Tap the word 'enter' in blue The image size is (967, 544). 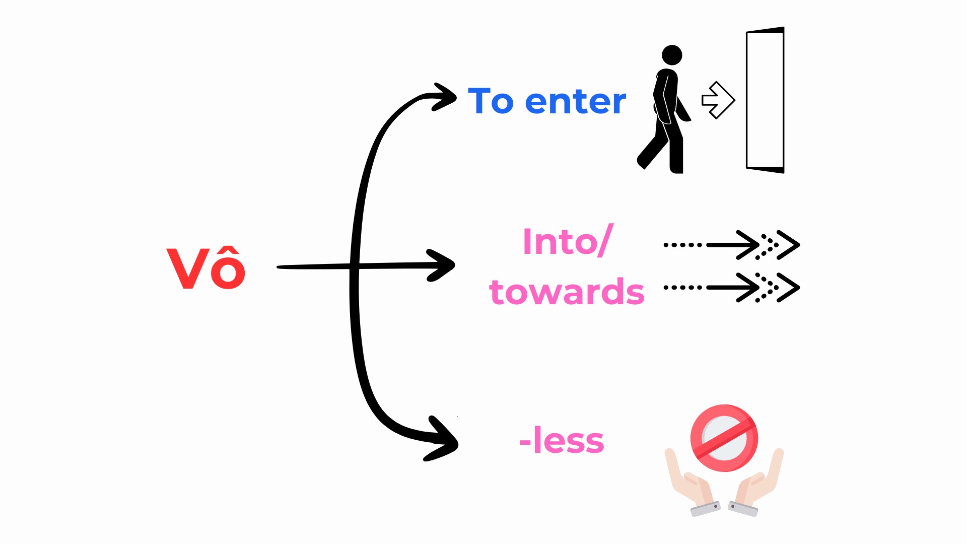click(576, 101)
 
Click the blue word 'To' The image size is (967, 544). click(491, 101)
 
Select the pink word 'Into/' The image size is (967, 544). click(568, 241)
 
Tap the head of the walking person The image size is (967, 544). click(672, 55)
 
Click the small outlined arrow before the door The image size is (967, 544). click(718, 100)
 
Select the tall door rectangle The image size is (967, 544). click(765, 100)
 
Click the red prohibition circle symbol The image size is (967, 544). click(724, 438)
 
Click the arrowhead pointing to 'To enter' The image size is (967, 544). click(445, 97)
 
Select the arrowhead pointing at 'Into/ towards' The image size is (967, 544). click(441, 265)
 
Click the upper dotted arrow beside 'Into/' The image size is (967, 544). click(731, 245)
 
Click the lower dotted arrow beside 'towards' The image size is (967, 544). click(731, 288)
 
